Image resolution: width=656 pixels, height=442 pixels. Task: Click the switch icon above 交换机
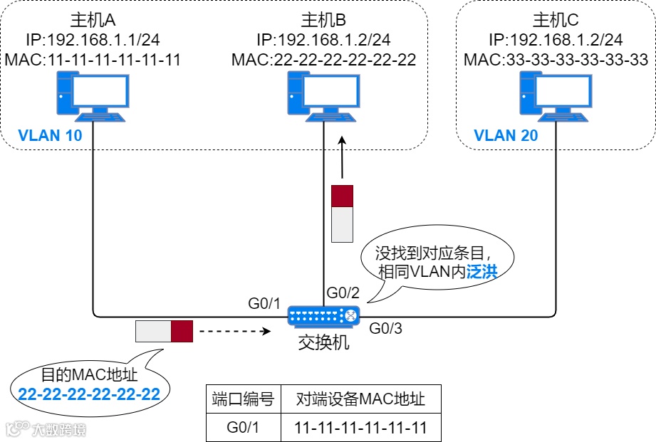click(324, 315)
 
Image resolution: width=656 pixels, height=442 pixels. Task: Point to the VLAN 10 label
click(51, 135)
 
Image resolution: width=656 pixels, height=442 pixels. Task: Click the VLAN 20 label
click(506, 135)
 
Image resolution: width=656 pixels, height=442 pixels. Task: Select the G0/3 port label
click(386, 329)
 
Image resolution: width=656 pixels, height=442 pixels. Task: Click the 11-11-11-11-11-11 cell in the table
click(361, 428)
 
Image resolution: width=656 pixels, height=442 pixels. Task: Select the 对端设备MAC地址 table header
click(361, 399)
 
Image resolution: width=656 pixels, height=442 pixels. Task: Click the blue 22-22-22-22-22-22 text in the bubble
click(89, 394)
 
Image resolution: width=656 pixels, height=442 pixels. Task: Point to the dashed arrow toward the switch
click(236, 331)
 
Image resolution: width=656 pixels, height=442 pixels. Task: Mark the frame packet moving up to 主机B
click(343, 213)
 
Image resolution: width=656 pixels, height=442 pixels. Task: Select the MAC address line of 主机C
click(556, 60)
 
